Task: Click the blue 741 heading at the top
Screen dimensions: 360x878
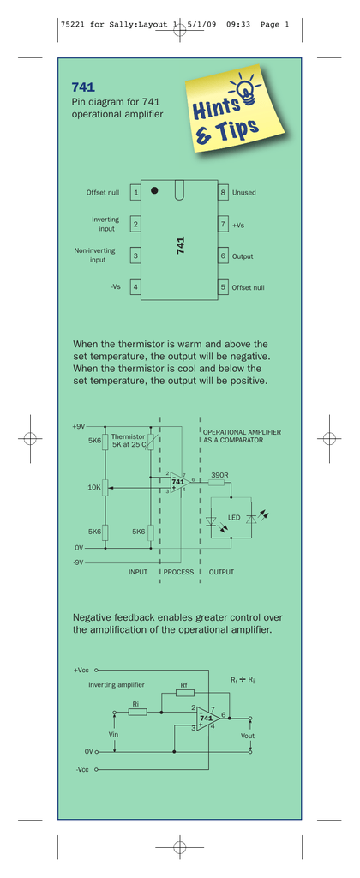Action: tap(83, 87)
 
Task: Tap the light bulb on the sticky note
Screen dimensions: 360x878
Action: tap(244, 89)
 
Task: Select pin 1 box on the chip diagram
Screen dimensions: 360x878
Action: tap(135, 193)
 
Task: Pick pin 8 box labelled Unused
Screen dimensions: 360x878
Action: tap(223, 193)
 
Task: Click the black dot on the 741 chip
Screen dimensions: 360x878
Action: tap(154, 190)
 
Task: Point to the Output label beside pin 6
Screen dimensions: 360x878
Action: tap(243, 256)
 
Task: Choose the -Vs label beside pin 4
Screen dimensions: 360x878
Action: tap(116, 287)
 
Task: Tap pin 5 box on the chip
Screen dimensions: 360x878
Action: tap(223, 287)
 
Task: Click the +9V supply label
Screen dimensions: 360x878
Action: tap(78, 427)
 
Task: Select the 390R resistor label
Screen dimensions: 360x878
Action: tap(219, 475)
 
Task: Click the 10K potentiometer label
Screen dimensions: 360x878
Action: tap(94, 488)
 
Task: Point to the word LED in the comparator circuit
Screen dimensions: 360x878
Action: tap(234, 518)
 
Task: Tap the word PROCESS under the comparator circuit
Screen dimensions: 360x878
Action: tap(178, 572)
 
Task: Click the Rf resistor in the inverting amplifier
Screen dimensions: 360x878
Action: tap(185, 693)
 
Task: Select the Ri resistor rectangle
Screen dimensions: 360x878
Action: tap(138, 712)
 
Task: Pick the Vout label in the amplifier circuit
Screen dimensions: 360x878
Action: tap(247, 736)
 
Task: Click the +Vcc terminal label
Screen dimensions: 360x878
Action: tap(81, 670)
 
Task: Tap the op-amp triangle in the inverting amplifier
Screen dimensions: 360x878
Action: tap(207, 718)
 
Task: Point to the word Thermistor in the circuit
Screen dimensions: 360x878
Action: tap(129, 436)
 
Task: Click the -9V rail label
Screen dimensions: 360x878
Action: tap(78, 562)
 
